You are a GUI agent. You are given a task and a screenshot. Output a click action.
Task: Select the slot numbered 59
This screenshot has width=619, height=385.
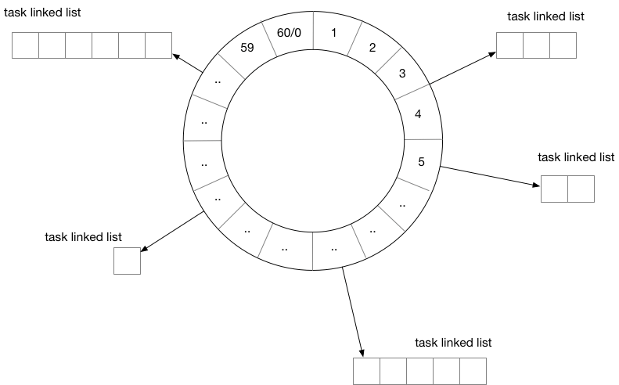(x=248, y=46)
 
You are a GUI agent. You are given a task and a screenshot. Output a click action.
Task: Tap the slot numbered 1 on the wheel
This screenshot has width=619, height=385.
(x=334, y=33)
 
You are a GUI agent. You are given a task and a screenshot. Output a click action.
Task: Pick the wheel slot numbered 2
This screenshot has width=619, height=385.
(x=372, y=47)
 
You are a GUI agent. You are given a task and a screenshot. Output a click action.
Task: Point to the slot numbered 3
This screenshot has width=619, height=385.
(x=401, y=74)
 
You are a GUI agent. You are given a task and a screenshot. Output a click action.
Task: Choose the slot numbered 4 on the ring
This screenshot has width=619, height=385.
(x=418, y=114)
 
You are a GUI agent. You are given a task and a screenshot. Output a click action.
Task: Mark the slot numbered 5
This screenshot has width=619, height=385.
(x=422, y=163)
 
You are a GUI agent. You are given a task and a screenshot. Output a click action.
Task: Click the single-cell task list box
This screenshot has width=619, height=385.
(x=127, y=261)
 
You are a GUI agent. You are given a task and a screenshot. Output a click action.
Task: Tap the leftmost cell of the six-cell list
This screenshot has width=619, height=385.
(x=25, y=45)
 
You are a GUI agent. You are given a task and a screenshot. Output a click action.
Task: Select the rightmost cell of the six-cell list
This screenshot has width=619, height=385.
(x=158, y=45)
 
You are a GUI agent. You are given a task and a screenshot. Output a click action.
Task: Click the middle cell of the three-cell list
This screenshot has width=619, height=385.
(x=536, y=45)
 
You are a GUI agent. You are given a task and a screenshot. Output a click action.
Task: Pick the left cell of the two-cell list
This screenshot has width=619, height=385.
(x=554, y=189)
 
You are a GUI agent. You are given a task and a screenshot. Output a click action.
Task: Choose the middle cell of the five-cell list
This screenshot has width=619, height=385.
(x=419, y=370)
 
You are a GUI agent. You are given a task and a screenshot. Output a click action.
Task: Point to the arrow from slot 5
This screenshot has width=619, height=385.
(x=489, y=176)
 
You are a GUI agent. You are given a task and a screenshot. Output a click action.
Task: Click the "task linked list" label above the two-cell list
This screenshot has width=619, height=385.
(x=576, y=157)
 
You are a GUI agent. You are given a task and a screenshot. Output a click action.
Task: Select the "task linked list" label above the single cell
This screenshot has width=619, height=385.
(x=84, y=236)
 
